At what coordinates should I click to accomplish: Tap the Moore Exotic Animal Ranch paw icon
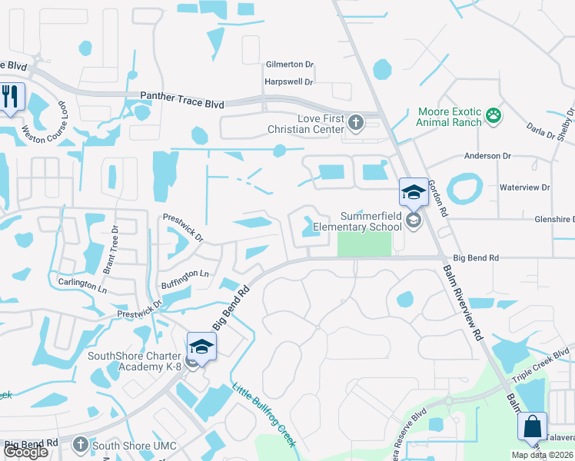click(493, 116)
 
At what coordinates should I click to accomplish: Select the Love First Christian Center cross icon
click(354, 121)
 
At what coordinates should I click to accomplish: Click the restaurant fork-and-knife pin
click(11, 97)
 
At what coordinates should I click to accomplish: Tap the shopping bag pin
click(532, 426)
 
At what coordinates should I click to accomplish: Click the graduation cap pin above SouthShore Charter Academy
click(201, 347)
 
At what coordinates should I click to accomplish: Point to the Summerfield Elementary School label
click(371, 221)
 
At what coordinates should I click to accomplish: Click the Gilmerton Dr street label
click(290, 65)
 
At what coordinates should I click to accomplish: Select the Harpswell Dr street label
click(288, 81)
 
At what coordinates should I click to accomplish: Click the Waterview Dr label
click(525, 187)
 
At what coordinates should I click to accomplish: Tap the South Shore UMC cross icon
click(81, 445)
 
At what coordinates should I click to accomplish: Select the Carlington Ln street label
click(82, 283)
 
